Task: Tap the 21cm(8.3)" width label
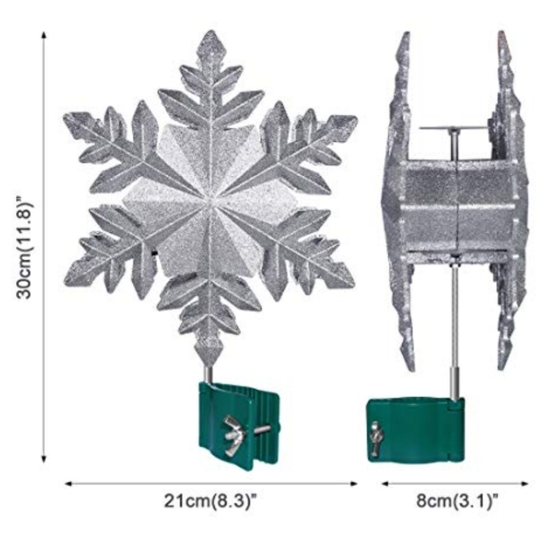[x=211, y=501]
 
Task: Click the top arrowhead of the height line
[x=44, y=35]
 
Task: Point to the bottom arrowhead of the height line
[x=44, y=459]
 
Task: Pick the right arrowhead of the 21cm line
[x=353, y=484]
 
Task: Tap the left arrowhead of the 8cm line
[x=385, y=484]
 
